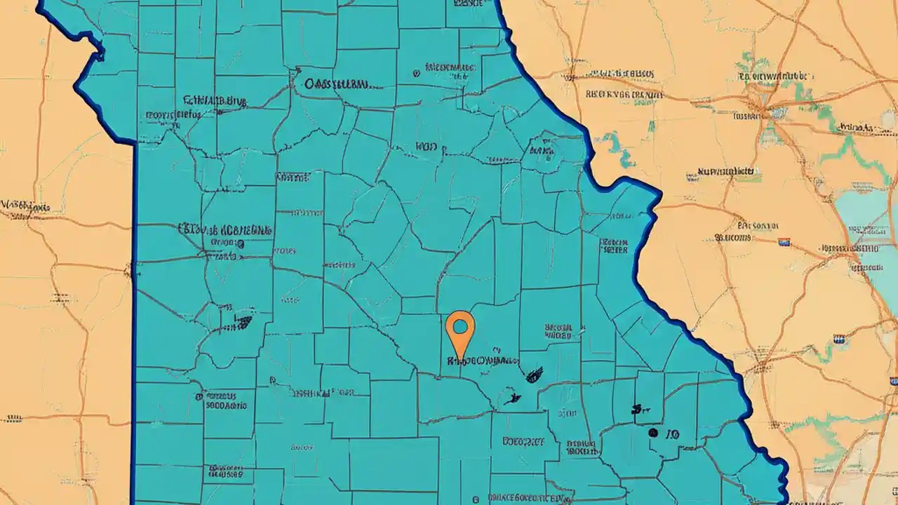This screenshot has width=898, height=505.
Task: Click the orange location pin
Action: pos(460,334)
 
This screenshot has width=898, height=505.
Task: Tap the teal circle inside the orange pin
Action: pos(460,326)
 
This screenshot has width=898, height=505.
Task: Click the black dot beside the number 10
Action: pos(653,433)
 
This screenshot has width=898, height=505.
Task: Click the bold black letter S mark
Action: pos(636,409)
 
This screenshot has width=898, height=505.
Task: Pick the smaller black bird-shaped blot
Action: pos(511,400)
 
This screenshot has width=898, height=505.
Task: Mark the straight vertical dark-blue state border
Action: pos(133,316)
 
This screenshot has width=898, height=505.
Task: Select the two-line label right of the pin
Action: pos(558,331)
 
